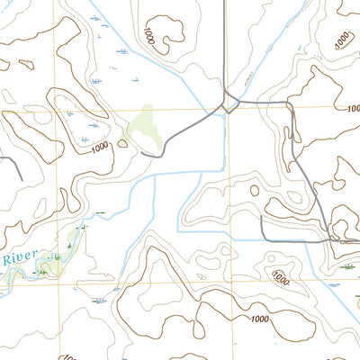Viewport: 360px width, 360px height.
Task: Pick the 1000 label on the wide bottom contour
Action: [x=260, y=319]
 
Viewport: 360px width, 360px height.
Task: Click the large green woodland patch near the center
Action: [x=143, y=126]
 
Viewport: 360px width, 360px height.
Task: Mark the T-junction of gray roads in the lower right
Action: [x=329, y=239]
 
